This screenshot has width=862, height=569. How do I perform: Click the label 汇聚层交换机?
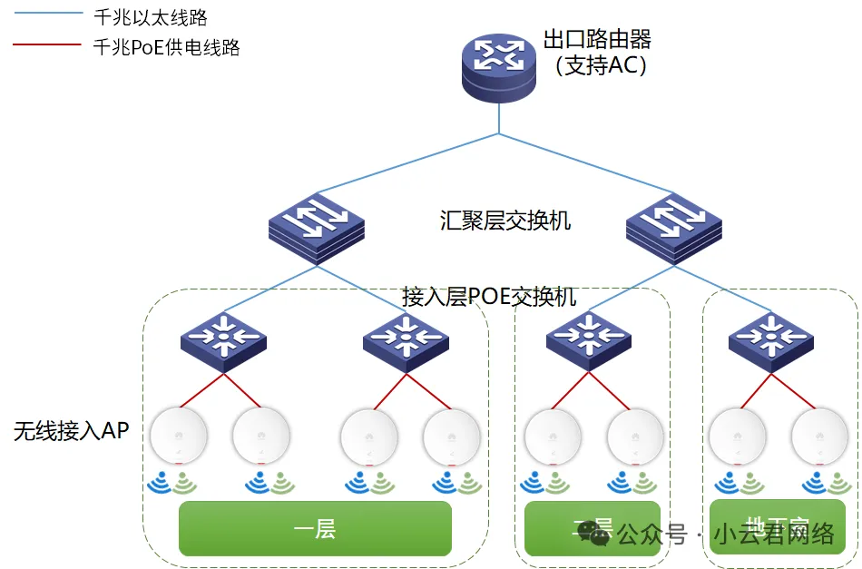click(x=505, y=221)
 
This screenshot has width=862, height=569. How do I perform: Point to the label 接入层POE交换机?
click(x=489, y=297)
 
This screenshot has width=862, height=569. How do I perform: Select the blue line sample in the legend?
click(x=46, y=16)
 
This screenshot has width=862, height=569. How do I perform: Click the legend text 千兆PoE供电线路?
click(x=166, y=48)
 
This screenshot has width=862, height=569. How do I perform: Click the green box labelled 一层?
click(x=315, y=528)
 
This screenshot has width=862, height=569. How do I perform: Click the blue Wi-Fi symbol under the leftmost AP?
click(x=160, y=481)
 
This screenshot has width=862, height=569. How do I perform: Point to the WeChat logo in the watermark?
click(x=595, y=533)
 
